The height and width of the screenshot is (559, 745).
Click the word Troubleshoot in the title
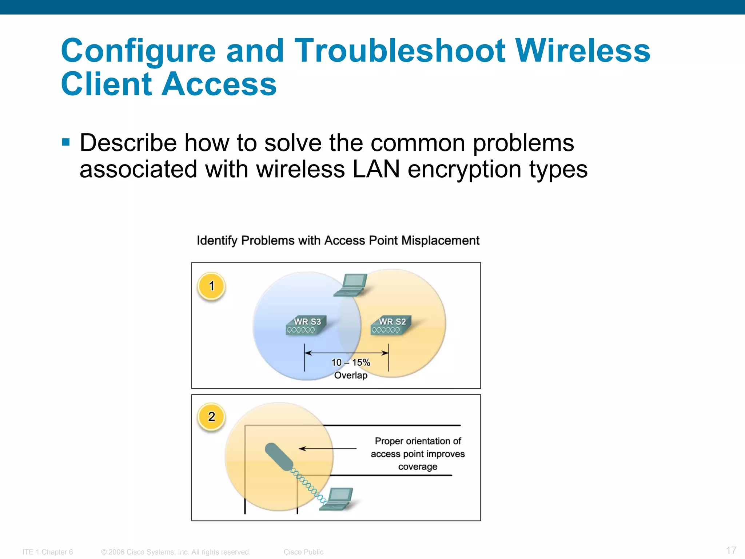[x=400, y=51]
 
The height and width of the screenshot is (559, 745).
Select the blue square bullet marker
[x=66, y=142]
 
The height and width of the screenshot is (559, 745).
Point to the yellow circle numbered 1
[x=211, y=286]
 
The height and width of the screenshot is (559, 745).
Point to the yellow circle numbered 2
[x=211, y=417]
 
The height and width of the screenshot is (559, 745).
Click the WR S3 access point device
[x=306, y=325]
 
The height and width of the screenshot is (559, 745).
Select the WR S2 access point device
[x=391, y=325]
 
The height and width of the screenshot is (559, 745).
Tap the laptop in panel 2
[x=336, y=499]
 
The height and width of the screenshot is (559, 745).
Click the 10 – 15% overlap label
[x=351, y=362]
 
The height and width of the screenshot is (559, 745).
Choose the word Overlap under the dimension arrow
[x=351, y=375]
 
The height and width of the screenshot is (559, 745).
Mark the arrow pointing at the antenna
[x=327, y=449]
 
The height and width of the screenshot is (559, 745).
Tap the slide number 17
[x=731, y=550]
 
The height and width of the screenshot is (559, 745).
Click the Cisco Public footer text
[x=303, y=552]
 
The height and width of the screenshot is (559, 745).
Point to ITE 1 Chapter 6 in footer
[x=48, y=552]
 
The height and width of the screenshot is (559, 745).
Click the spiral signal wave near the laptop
[x=307, y=484]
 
